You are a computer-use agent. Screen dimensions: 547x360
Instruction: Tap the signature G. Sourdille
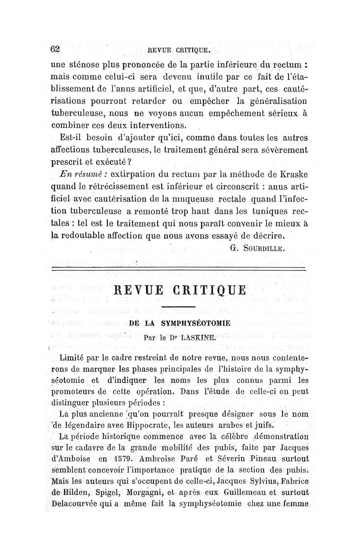[257, 247]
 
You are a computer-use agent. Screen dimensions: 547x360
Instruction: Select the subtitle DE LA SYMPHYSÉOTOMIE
[180, 323]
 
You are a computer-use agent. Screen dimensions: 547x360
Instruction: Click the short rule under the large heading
[178, 307]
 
